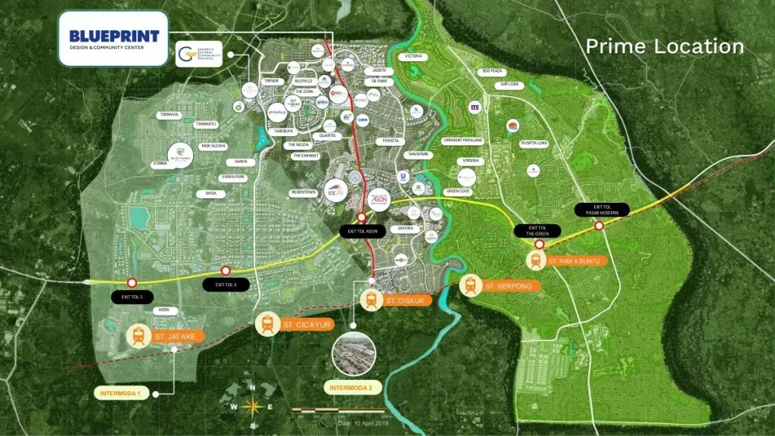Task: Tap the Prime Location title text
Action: (665, 46)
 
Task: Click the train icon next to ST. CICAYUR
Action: (267, 324)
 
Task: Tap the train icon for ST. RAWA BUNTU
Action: (536, 261)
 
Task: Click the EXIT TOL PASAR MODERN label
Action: (602, 208)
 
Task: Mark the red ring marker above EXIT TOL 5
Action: (132, 282)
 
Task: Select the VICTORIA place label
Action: (413, 57)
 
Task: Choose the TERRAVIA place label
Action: (169, 115)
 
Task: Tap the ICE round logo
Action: (335, 191)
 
